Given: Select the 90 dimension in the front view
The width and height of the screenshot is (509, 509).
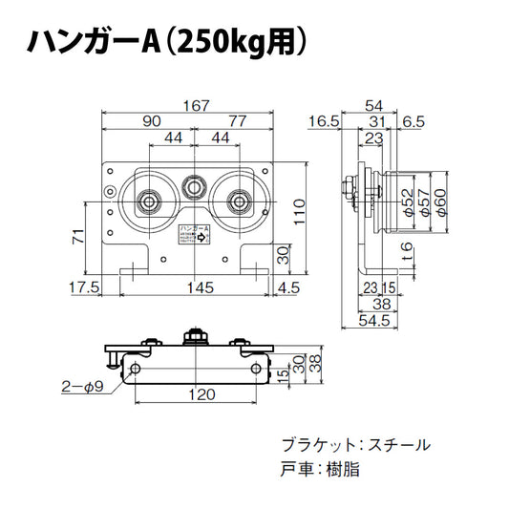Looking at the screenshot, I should pyautogui.click(x=151, y=121).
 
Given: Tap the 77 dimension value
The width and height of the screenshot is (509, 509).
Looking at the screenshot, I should pyautogui.click(x=239, y=121).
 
